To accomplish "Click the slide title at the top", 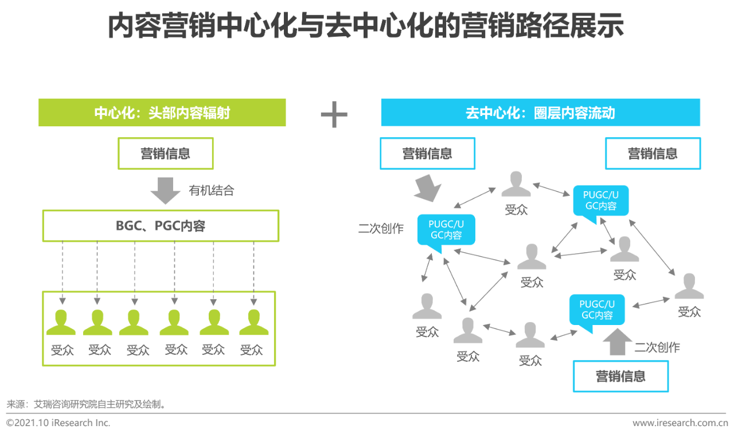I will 366,26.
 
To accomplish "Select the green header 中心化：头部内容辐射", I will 162,113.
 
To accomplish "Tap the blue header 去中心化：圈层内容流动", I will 540,113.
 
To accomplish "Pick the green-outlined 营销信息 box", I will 165,153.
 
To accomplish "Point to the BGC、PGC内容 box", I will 161,226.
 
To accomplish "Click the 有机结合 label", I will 212,191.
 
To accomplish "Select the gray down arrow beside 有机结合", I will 165,191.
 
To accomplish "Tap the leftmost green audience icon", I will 61,323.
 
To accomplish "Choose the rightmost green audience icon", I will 253,323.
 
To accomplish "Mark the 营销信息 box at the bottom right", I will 620,377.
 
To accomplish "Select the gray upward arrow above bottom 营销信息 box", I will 617,343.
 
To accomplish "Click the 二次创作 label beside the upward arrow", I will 657,347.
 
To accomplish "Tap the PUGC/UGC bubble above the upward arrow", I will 596,310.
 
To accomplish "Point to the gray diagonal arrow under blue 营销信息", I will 427,188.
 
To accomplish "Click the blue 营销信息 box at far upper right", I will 653,153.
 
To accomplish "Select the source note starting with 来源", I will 87,404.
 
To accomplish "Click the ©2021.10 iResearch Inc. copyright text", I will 58,423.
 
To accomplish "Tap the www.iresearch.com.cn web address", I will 680,423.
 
